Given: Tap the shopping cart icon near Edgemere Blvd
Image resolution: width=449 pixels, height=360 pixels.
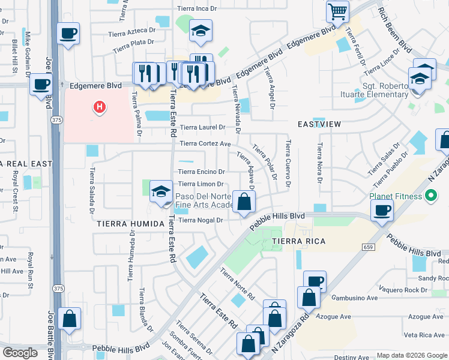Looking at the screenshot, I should coord(337,11).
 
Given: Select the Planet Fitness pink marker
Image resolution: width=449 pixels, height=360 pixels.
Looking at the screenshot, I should coord(430,196).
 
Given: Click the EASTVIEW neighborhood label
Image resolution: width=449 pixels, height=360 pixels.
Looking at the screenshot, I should coord(319,124).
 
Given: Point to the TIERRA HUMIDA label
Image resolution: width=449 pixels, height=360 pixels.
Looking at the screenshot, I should coord(130,224).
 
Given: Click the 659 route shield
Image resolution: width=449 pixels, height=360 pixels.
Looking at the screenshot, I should coord(368,246).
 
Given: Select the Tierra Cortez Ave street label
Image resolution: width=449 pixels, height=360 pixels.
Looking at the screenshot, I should coord(206,144).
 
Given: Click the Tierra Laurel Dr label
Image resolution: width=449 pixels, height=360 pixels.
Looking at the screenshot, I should coord(203,127).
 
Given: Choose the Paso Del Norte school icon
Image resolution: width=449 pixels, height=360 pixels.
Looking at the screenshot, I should coord(160,191).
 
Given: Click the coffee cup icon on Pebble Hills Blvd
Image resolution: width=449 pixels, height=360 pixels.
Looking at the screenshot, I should coord(382,210).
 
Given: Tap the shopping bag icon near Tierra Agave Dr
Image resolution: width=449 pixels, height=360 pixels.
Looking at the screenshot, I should coord(244,202).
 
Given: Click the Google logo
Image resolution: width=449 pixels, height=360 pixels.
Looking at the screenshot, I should coord(20,353).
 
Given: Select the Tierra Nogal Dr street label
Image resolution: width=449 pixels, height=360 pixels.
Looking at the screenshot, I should coord(201,220).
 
